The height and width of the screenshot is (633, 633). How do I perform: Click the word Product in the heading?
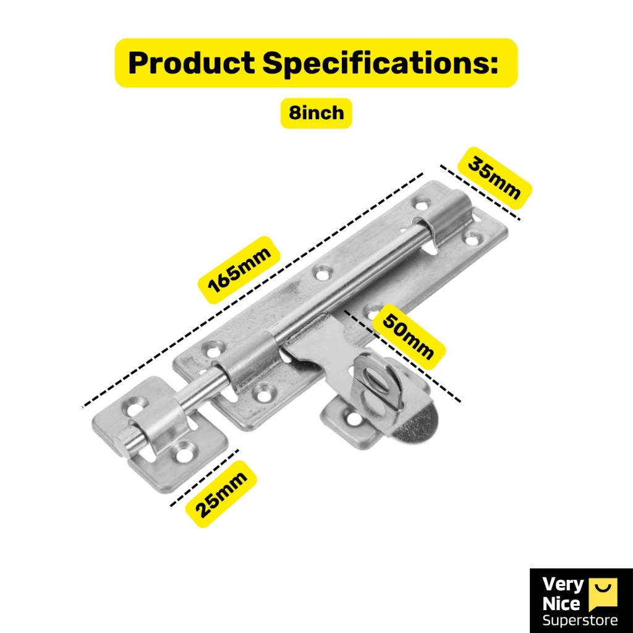pos(191,63)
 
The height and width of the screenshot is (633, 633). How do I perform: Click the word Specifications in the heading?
pos(380,63)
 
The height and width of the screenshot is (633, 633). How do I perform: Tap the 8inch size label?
pos(316,113)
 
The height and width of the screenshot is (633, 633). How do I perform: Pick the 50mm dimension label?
pos(408,338)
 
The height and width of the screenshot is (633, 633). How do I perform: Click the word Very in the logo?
pos(563,585)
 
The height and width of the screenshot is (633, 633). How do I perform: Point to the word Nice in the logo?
pos(561,603)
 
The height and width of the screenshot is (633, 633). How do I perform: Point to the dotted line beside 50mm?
pos(402,356)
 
